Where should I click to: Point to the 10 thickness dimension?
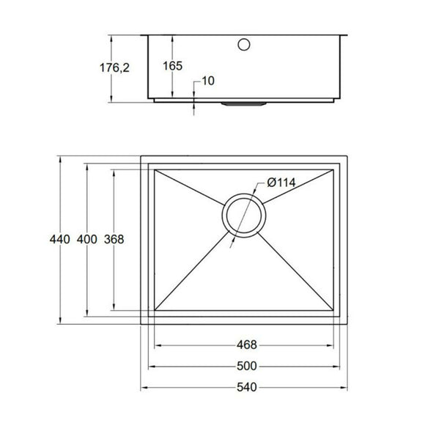click(x=207, y=81)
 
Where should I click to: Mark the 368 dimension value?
click(x=114, y=239)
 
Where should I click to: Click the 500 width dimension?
click(x=246, y=367)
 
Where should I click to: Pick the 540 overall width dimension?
click(x=246, y=388)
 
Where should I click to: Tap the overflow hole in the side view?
click(x=243, y=43)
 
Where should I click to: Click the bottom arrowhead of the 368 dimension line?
click(x=114, y=306)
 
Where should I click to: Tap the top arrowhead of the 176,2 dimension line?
click(x=111, y=35)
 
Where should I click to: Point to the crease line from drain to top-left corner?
click(x=192, y=190)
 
